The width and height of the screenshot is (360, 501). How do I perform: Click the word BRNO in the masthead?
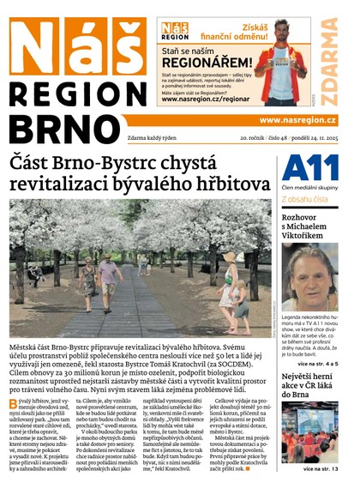click(65, 128)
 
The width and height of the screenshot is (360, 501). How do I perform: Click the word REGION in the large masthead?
click(78, 94)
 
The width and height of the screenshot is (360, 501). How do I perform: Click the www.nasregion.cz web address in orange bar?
click(297, 120)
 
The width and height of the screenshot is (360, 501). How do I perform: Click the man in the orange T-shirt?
click(280, 67)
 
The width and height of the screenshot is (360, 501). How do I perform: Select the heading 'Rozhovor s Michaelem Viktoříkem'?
click(309, 224)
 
